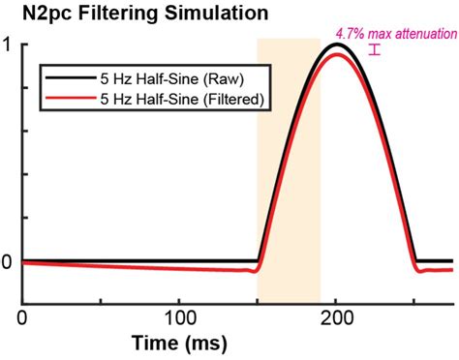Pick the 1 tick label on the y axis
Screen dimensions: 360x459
(7, 45)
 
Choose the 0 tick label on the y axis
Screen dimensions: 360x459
(7, 261)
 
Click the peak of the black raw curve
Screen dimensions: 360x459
(336, 45)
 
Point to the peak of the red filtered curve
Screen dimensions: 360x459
(336, 54)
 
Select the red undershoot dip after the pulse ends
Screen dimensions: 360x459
(419, 271)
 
